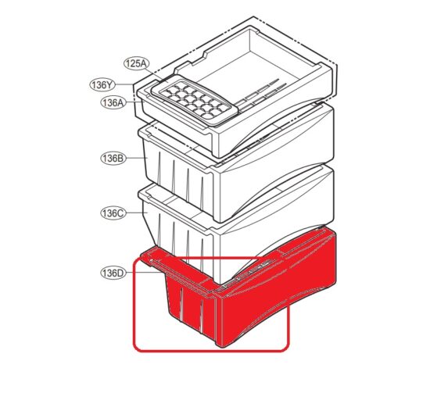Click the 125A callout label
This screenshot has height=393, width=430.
click(x=135, y=63)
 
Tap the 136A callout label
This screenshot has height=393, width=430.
click(x=113, y=102)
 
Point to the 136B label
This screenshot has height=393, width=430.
click(x=113, y=159)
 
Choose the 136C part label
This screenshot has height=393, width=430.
click(x=113, y=213)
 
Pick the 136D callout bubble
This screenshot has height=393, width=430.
click(x=113, y=273)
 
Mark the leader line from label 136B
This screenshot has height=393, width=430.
click(x=133, y=158)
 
